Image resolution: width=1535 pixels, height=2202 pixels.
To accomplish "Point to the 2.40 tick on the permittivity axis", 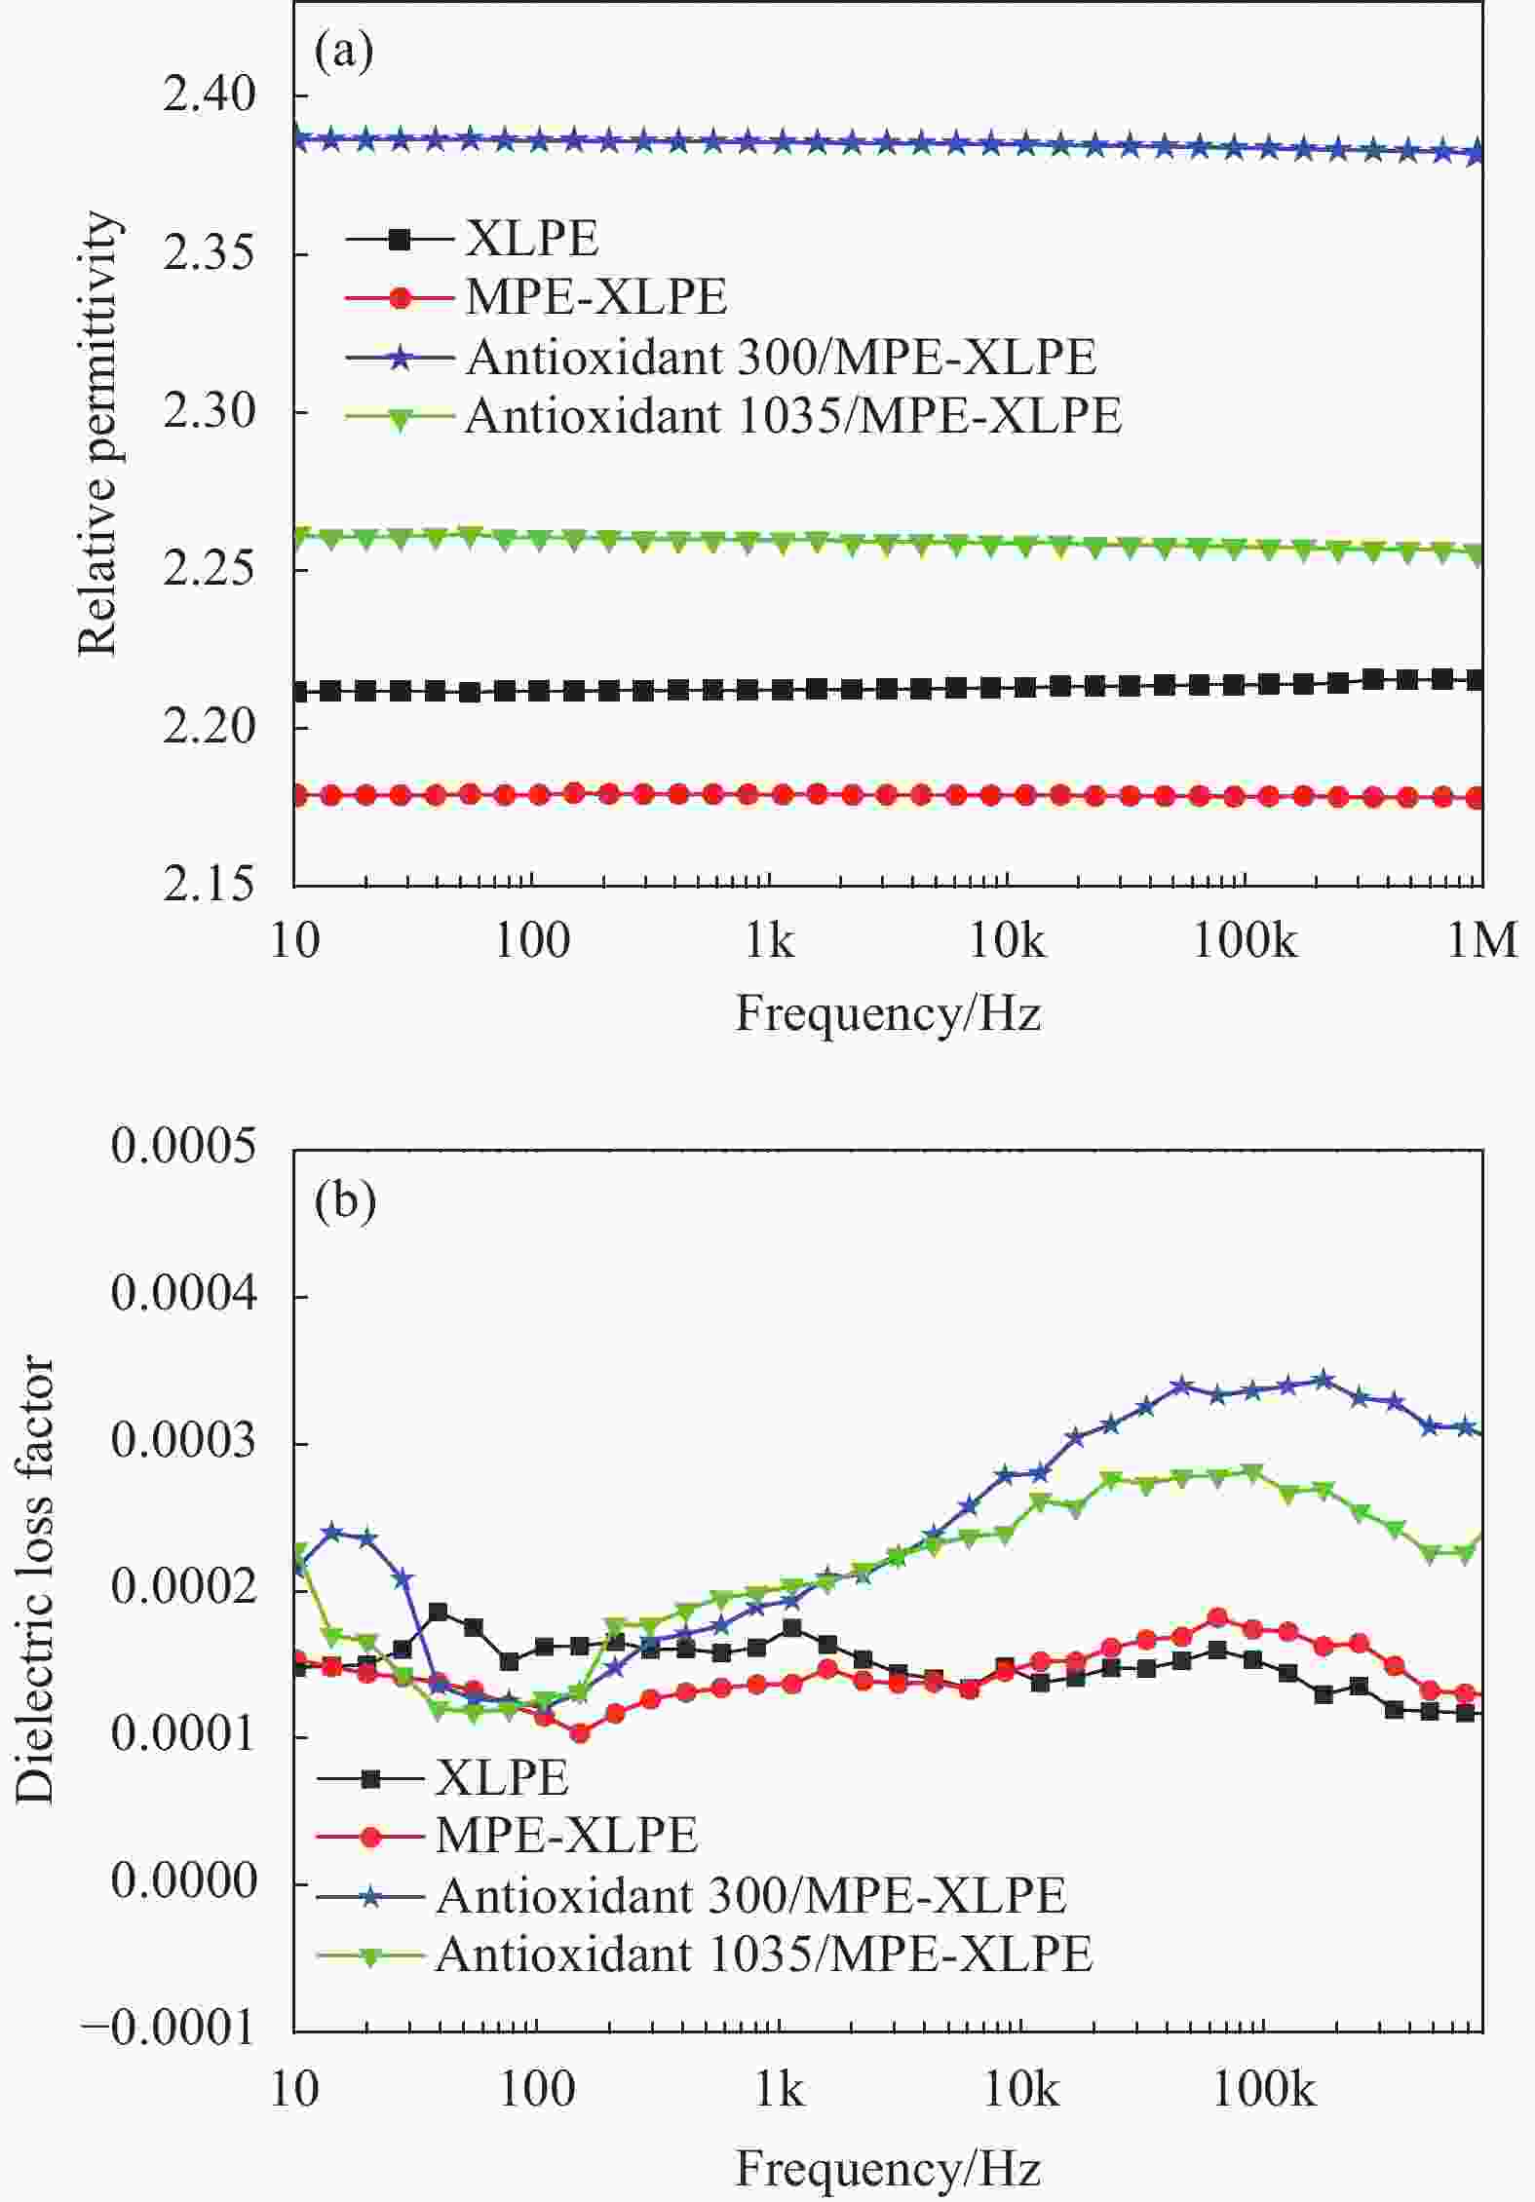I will coord(209,95).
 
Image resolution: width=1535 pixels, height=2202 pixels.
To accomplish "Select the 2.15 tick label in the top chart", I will coord(209,885).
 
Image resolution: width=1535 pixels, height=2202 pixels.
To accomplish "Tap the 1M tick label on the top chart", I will coord(1482,941).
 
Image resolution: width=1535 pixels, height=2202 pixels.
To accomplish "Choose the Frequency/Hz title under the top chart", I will coord(888,1013).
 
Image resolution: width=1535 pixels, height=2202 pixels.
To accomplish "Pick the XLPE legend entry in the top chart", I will coord(531,239).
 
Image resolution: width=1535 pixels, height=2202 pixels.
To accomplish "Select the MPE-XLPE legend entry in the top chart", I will coord(595,297).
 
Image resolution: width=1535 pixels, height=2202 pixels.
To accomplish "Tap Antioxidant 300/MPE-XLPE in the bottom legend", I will coord(750,1895).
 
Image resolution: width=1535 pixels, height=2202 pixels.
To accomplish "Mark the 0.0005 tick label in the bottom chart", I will coord(184,1146).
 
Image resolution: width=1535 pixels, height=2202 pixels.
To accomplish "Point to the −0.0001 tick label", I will coord(171,2031).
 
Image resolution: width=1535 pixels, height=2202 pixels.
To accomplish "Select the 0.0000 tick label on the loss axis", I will coord(184,1882).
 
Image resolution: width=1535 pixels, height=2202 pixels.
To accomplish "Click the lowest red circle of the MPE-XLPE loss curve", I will coord(580,1733).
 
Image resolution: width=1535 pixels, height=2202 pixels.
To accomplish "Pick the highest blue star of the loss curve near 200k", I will coord(1324,1380).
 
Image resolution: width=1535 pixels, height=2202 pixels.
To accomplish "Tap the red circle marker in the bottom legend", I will coord(370,1837).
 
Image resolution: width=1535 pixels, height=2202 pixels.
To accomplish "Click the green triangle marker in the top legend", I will coord(400,417).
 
